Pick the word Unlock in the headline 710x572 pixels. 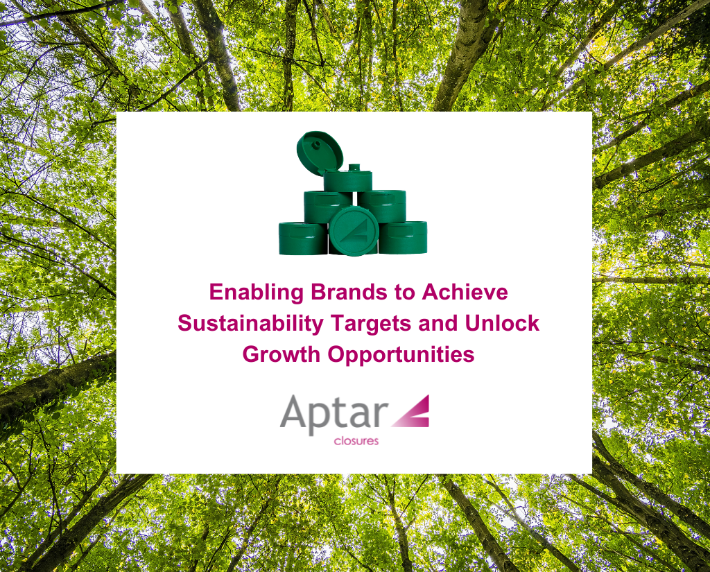pos(502,323)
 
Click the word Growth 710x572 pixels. pos(282,354)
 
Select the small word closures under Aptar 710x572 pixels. pos(356,440)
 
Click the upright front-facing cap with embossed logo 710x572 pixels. pos(354,231)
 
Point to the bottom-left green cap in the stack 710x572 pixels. pos(302,238)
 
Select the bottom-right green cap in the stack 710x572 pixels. pos(404,237)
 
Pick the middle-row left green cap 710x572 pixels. pos(327,206)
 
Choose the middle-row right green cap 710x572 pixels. pos(382,205)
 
